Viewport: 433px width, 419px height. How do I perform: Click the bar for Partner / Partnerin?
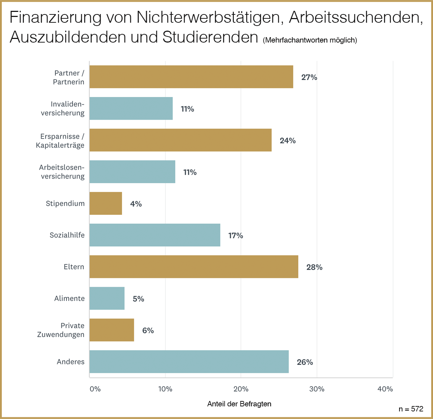(x=191, y=77)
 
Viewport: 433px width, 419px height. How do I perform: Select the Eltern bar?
(x=194, y=267)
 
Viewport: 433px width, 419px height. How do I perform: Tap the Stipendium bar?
(x=106, y=203)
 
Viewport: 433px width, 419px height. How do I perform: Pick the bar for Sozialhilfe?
(x=155, y=235)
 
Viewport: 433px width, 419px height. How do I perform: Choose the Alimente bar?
(x=107, y=299)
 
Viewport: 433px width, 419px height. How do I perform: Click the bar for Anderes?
(x=189, y=362)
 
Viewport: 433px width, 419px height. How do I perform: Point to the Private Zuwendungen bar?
(x=111, y=330)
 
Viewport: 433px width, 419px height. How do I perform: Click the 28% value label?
(x=314, y=267)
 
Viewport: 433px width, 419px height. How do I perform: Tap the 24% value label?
(x=288, y=141)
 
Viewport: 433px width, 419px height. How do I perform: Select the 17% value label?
(x=236, y=235)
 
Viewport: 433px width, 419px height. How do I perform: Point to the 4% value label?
(x=136, y=204)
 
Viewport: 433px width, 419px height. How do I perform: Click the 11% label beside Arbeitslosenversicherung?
(x=190, y=172)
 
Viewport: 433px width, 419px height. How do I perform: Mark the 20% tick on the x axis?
(x=241, y=389)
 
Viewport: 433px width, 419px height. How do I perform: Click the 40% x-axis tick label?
(x=385, y=389)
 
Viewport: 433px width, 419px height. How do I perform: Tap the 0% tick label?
(x=95, y=389)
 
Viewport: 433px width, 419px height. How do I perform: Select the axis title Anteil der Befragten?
(x=239, y=404)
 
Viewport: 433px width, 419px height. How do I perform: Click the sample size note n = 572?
(x=411, y=409)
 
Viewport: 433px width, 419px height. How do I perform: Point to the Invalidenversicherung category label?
(x=63, y=109)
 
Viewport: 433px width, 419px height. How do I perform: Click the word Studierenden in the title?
(x=210, y=37)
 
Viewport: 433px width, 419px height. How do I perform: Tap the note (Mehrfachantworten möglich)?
(x=310, y=40)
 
